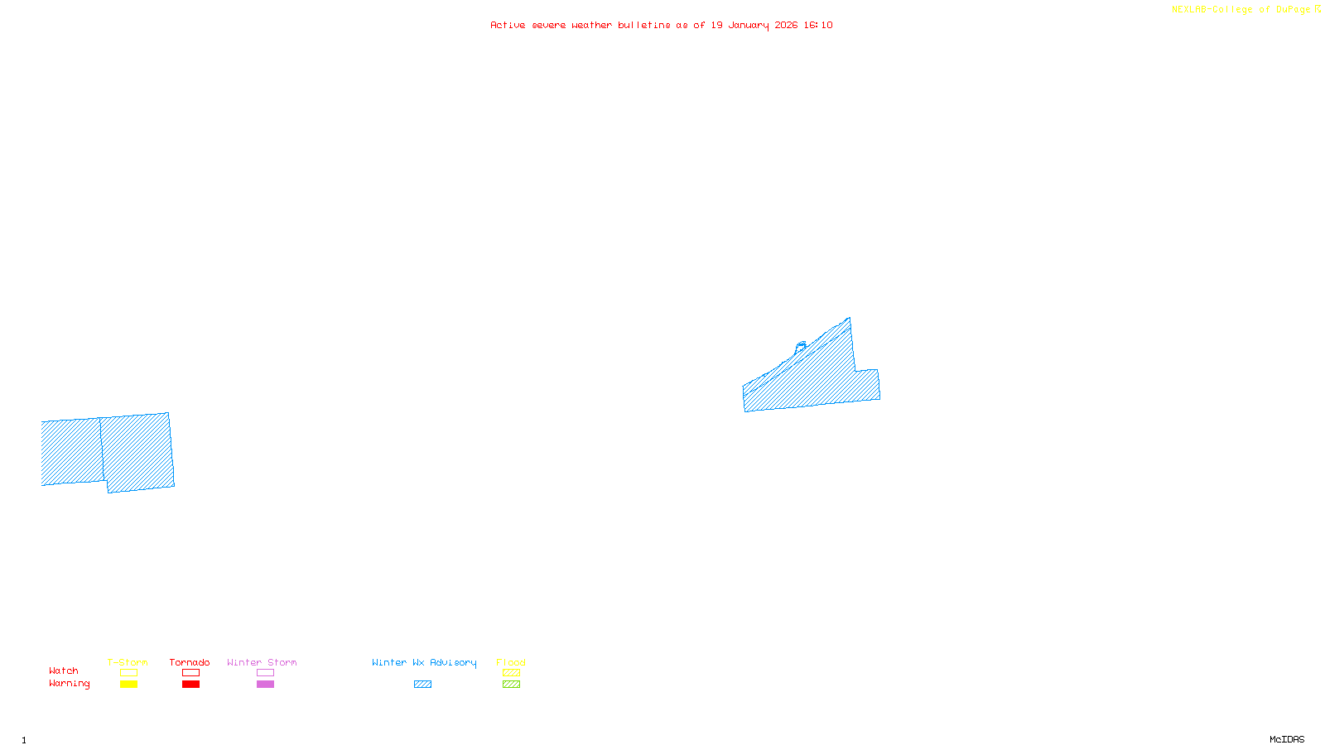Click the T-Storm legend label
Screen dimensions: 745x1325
(x=128, y=662)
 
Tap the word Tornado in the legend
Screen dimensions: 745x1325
(x=190, y=662)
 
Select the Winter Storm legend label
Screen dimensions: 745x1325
(x=262, y=662)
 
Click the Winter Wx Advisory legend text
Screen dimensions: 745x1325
(x=424, y=662)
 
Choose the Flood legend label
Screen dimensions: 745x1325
(x=511, y=662)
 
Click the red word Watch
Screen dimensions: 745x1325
(x=64, y=670)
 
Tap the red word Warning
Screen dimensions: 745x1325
(x=70, y=684)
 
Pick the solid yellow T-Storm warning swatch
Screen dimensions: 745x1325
(x=128, y=685)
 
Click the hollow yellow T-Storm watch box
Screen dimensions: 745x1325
(x=128, y=673)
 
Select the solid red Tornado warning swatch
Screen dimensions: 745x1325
(x=190, y=685)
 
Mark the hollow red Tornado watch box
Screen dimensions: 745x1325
(x=190, y=673)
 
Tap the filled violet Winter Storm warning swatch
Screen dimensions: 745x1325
(x=265, y=685)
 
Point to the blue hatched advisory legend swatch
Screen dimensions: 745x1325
(x=422, y=685)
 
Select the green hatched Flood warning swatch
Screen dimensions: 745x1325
(x=511, y=685)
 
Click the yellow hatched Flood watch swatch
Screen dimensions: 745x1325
(x=511, y=673)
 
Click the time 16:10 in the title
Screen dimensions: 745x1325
(x=818, y=26)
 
